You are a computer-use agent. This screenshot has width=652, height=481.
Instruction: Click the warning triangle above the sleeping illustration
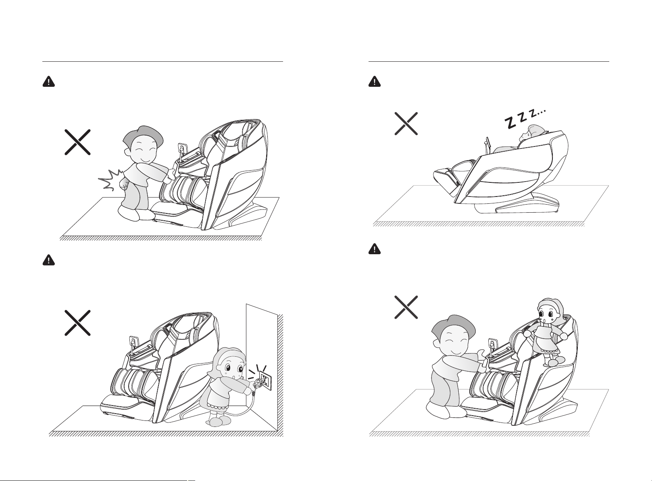pyautogui.click(x=375, y=82)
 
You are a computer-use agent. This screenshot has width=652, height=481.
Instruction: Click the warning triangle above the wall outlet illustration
pyautogui.click(x=49, y=260)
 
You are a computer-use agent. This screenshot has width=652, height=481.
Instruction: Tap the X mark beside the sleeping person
pyautogui.click(x=406, y=123)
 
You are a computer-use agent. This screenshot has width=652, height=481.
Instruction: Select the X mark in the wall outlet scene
pyautogui.click(x=77, y=323)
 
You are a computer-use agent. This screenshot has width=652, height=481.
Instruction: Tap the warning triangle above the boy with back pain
pyautogui.click(x=49, y=82)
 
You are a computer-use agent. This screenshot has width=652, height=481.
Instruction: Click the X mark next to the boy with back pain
pyautogui.click(x=77, y=142)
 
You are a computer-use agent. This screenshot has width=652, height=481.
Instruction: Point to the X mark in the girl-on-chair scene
pyautogui.click(x=406, y=307)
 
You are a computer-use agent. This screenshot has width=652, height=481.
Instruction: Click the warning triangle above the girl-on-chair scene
pyautogui.click(x=375, y=249)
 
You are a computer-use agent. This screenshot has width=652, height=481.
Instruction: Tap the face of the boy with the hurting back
pyautogui.click(x=144, y=152)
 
